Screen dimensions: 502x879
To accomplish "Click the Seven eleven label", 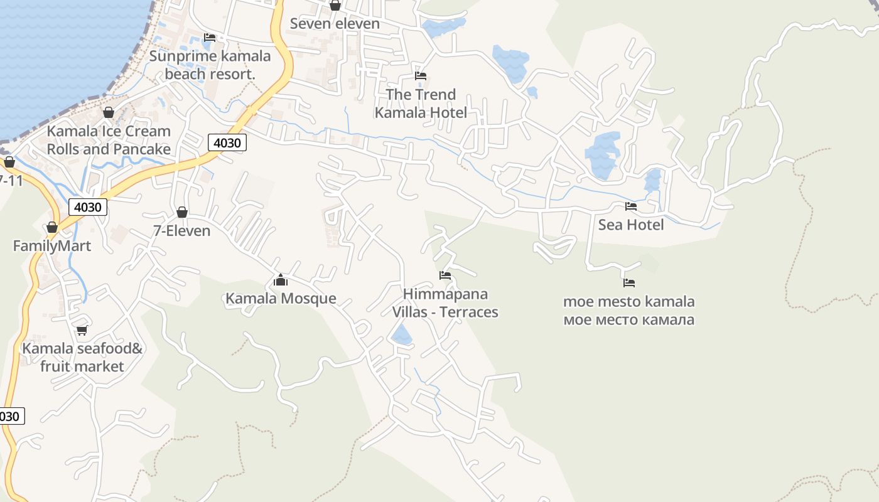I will [x=335, y=24].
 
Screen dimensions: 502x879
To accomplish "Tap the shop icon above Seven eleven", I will [x=335, y=6].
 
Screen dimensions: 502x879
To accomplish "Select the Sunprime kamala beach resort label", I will [x=210, y=65].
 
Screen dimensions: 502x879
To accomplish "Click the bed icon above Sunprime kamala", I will [x=210, y=38].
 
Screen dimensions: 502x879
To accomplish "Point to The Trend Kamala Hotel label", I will [x=421, y=104].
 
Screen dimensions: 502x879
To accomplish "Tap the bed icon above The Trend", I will [x=421, y=76].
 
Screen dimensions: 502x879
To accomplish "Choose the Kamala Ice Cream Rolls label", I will [x=109, y=140].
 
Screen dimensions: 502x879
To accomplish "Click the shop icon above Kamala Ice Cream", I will [x=109, y=113].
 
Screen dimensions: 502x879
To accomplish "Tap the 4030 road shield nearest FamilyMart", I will [x=88, y=207].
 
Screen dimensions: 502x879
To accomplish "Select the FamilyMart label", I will [x=52, y=246].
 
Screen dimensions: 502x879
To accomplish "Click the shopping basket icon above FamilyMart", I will [x=52, y=227].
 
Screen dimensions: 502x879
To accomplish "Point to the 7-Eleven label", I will [x=182, y=231].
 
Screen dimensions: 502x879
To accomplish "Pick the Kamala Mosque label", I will [x=281, y=299].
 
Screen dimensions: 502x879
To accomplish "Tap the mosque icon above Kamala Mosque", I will [x=281, y=280].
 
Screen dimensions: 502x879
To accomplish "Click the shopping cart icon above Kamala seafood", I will [x=82, y=330].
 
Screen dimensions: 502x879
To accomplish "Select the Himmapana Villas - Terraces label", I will [x=445, y=303].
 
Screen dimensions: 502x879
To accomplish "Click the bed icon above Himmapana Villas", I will [x=445, y=275].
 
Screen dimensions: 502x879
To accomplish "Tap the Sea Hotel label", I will [x=630, y=225].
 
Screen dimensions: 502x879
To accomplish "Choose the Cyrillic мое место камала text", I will [x=629, y=320].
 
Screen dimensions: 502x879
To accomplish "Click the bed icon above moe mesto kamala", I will [x=629, y=283].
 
